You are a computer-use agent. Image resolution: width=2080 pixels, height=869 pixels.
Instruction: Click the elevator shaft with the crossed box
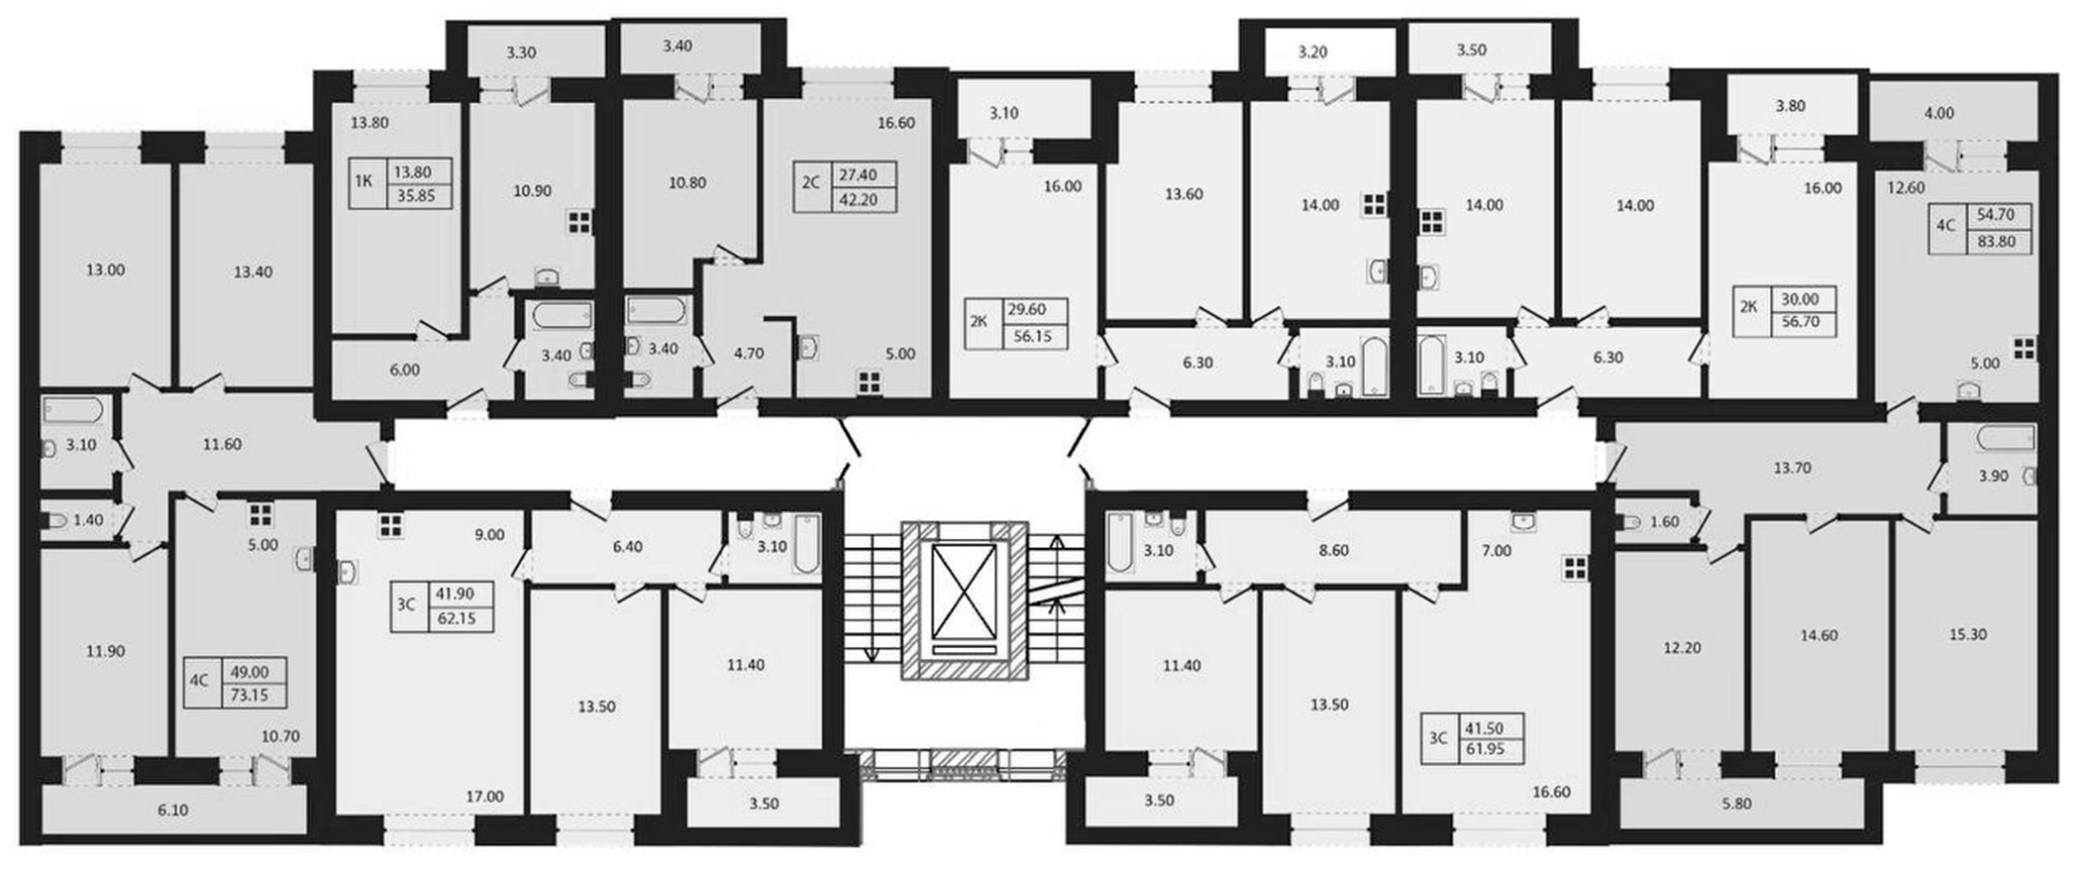click(965, 600)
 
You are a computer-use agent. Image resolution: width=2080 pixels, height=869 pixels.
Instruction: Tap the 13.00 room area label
click(105, 270)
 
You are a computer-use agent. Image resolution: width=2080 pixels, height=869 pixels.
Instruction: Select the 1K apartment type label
click(364, 181)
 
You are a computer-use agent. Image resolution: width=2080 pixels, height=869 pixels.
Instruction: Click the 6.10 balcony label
click(172, 810)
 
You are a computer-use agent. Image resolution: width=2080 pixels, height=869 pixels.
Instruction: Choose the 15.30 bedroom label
click(1967, 634)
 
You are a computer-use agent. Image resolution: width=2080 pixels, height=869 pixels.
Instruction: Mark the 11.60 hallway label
click(222, 445)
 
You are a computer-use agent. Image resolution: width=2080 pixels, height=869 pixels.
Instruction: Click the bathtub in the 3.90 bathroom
click(2006, 437)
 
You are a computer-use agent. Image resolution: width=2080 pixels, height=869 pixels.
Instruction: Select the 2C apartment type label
click(811, 182)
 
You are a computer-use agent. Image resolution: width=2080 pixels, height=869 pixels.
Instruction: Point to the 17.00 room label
click(484, 796)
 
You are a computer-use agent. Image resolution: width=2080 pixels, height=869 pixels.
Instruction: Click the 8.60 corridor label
click(1334, 550)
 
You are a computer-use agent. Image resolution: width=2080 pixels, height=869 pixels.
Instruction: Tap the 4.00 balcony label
click(1938, 113)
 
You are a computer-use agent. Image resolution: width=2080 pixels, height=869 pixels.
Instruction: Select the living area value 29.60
click(1026, 309)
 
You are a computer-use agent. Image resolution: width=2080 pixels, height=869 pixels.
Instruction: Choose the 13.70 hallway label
click(1792, 467)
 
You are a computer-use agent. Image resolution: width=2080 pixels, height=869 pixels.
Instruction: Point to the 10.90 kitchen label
click(532, 190)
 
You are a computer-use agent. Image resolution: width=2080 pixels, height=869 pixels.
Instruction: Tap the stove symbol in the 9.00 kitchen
click(390, 523)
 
